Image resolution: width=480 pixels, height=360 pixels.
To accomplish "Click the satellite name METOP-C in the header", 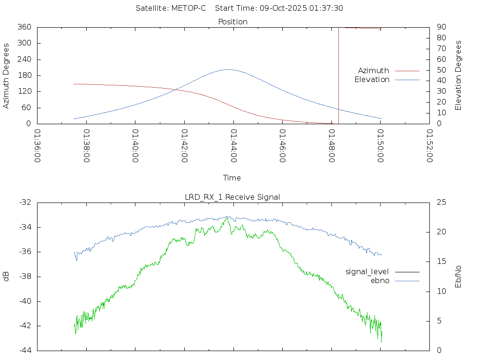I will (189, 8).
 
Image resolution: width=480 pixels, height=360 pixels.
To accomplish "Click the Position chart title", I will (232, 22).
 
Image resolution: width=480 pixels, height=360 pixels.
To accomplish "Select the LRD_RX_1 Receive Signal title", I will (232, 197).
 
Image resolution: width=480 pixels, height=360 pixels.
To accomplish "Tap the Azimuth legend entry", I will (374, 70).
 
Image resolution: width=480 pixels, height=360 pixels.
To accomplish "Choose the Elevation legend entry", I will (372, 80).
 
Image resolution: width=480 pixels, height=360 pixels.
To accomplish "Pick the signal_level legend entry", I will (367, 271).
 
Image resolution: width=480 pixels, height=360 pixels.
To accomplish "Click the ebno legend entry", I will (380, 280).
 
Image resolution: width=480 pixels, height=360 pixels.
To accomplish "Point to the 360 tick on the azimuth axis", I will (24, 27).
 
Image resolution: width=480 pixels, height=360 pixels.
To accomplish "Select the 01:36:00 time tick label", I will (38, 146).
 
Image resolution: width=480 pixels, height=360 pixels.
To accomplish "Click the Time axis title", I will (232, 178).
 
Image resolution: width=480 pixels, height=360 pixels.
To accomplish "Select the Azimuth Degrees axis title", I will (7, 75).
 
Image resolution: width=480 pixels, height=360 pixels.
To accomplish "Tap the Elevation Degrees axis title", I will (458, 75).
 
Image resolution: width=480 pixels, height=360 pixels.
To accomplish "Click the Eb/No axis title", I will (458, 277).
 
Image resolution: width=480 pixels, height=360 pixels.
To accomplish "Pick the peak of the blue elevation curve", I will (228, 69).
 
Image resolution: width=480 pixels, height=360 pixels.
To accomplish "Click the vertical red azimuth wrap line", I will (338, 75).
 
